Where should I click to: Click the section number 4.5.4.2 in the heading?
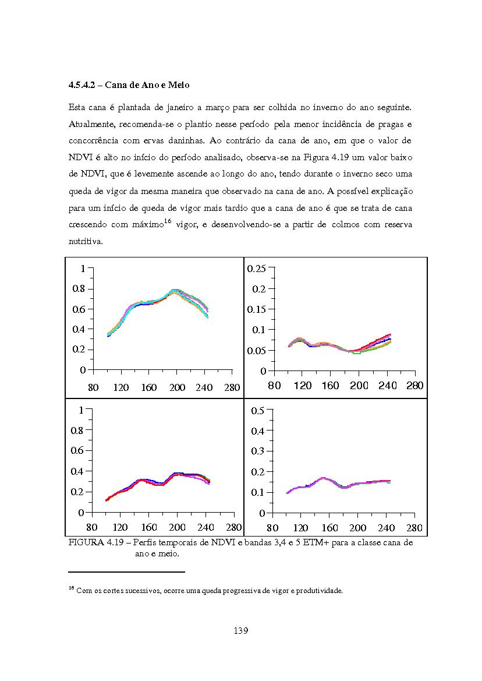point(82,85)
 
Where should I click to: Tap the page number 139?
point(240,631)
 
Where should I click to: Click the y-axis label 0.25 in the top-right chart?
point(256,269)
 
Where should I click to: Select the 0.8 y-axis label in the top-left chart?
point(79,289)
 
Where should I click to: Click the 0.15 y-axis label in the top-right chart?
point(256,310)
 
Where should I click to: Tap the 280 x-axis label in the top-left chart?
point(232,387)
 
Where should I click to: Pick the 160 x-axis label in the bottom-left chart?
point(149,527)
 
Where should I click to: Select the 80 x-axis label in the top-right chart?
point(274,386)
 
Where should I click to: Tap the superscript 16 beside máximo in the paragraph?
point(168,221)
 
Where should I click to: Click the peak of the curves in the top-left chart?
point(175,290)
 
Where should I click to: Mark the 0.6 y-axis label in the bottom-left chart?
point(77,450)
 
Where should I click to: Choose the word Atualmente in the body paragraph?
point(92,125)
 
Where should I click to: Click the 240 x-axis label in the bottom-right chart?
point(387,528)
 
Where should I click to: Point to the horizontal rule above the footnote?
point(127,572)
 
